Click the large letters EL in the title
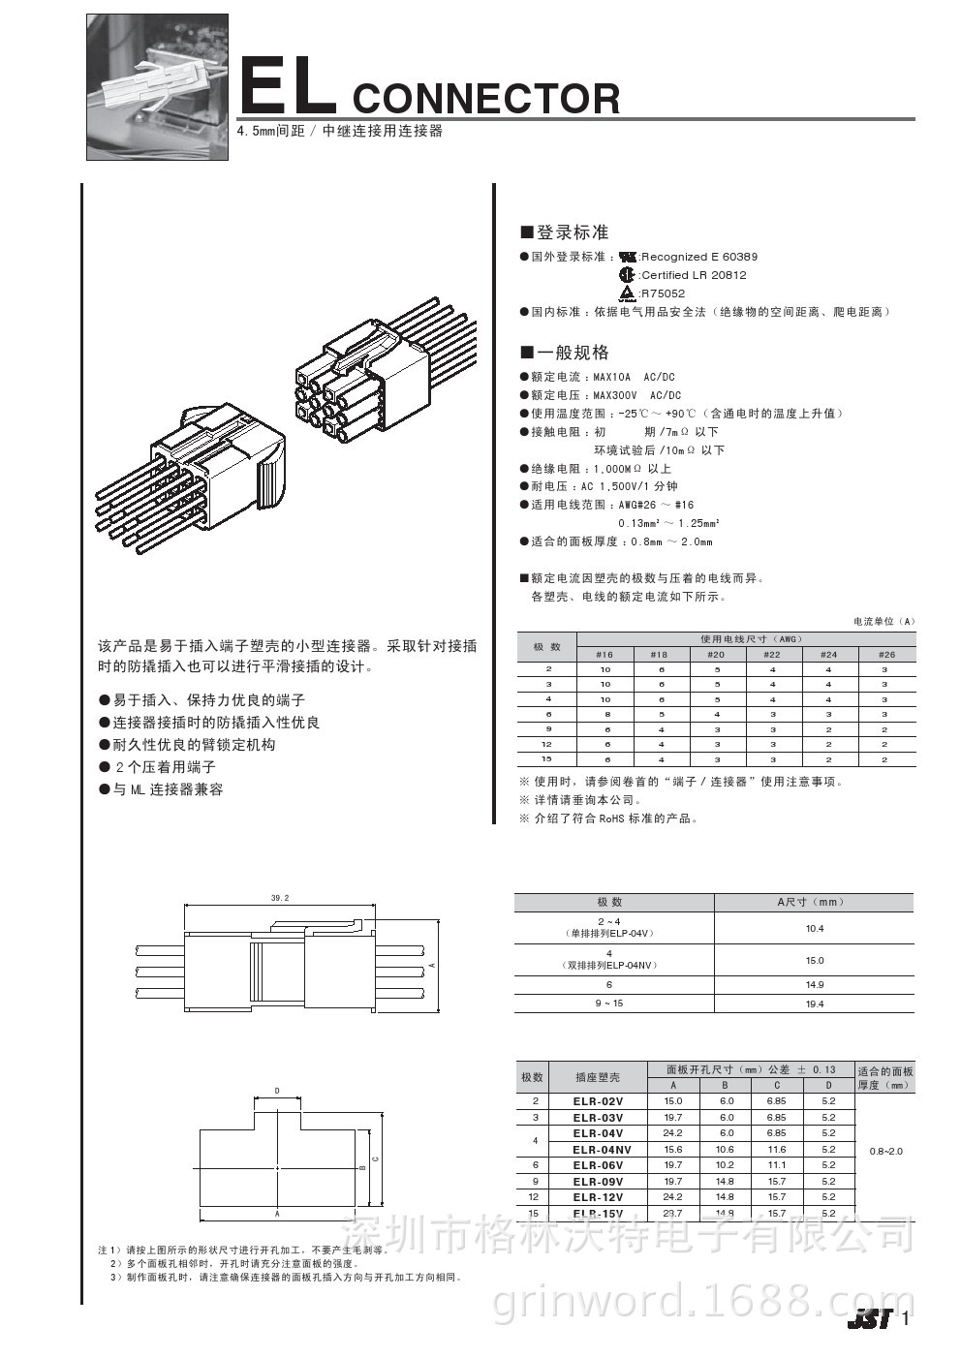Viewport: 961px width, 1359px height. pyautogui.click(x=287, y=87)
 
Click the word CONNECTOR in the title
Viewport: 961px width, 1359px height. pyautogui.click(x=486, y=99)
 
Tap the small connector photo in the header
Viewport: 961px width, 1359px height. pyautogui.click(x=158, y=86)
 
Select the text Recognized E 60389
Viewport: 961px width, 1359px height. pyautogui.click(x=699, y=257)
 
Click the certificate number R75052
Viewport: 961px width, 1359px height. pyautogui.click(x=664, y=293)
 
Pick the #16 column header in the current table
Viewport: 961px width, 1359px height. pyautogui.click(x=604, y=655)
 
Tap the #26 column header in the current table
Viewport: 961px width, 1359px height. pyautogui.click(x=885, y=655)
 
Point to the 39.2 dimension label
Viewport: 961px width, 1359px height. pyautogui.click(x=280, y=898)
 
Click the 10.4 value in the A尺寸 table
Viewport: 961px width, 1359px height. pyautogui.click(x=815, y=928)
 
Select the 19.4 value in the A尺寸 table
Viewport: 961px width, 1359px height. pyautogui.click(x=815, y=1004)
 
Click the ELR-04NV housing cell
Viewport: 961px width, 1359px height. pyautogui.click(x=602, y=1150)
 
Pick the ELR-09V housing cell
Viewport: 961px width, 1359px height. pyautogui.click(x=598, y=1182)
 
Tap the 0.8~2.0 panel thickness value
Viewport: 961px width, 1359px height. pyautogui.click(x=885, y=1151)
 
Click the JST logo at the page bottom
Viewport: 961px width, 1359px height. pyautogui.click(x=869, y=1319)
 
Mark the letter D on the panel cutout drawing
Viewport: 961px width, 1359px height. pyautogui.click(x=277, y=1091)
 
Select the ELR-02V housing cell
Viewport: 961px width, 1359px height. pyautogui.click(x=598, y=1101)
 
